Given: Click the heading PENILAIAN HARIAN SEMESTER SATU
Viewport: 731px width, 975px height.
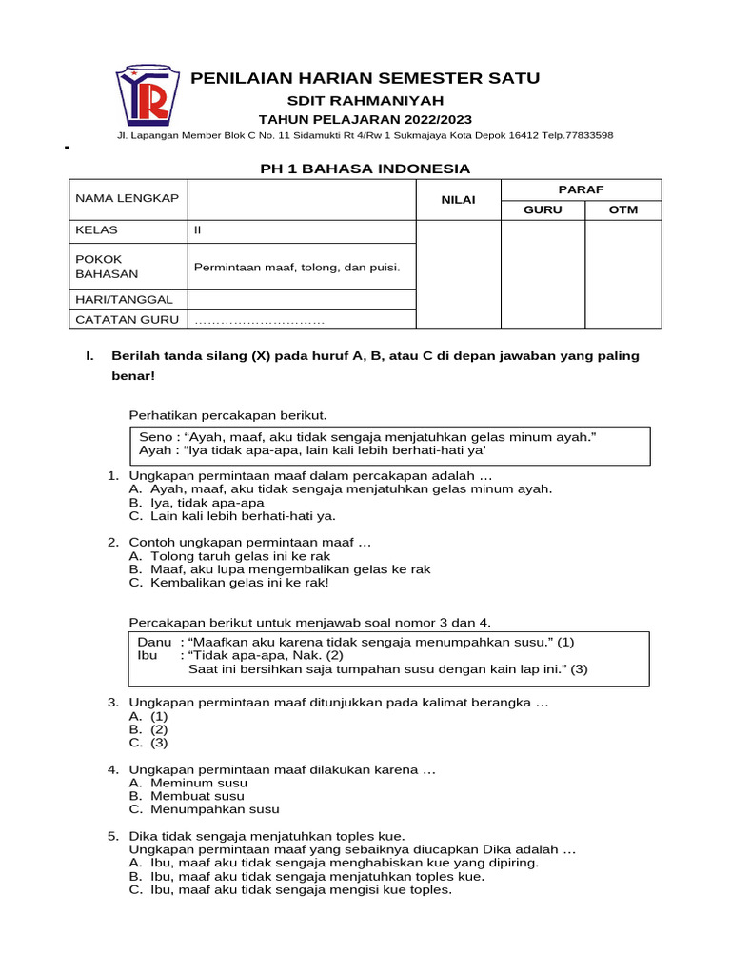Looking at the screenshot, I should click(x=365, y=77).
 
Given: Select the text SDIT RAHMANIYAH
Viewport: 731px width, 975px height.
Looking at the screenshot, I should click(x=365, y=101).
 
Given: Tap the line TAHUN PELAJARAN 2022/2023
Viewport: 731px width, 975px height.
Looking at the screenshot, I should click(x=365, y=119).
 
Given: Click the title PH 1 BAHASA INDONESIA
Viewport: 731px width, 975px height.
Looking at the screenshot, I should click(x=365, y=169).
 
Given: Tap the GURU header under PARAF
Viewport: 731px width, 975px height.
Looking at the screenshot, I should click(x=543, y=209).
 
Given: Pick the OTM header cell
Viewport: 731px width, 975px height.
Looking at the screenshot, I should click(x=623, y=209).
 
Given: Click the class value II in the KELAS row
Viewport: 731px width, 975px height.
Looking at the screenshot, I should click(x=198, y=230).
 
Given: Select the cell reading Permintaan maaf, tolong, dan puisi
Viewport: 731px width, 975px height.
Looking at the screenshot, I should click(x=297, y=267).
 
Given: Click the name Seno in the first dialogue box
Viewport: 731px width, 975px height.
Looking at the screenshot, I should click(x=155, y=436).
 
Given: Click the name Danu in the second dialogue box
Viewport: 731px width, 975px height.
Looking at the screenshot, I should click(x=155, y=642).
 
